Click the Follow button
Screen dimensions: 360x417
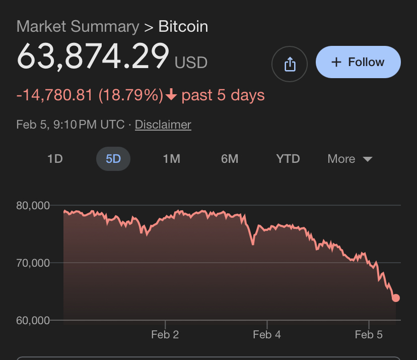click(358, 63)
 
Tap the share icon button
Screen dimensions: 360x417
click(290, 64)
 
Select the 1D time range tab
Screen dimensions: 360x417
click(55, 159)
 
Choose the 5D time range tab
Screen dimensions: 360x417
click(113, 159)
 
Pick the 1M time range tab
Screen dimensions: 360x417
click(171, 159)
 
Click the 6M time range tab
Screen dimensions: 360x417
click(230, 159)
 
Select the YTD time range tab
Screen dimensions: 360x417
click(288, 159)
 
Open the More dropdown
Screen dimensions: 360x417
click(350, 159)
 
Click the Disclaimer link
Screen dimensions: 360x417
click(163, 125)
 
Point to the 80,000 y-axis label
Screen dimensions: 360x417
click(33, 205)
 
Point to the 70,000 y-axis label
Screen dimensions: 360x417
click(33, 263)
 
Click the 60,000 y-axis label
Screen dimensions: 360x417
click(33, 320)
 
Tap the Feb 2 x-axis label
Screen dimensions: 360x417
click(165, 334)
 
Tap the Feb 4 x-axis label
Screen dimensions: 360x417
click(267, 334)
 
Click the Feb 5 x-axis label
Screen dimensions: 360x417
click(369, 334)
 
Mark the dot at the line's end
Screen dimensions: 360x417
click(396, 298)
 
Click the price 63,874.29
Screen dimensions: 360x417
click(93, 56)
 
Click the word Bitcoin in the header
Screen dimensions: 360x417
click(183, 27)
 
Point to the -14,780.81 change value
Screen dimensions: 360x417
click(54, 95)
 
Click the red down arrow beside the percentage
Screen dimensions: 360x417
click(171, 95)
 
